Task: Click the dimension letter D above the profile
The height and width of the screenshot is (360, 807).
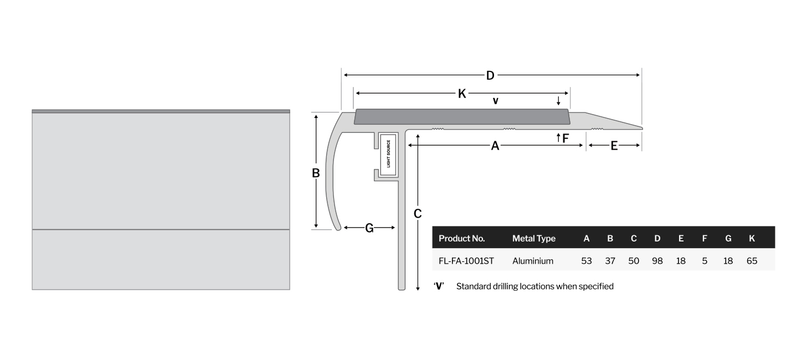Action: click(490, 76)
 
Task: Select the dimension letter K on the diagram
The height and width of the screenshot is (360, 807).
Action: click(462, 94)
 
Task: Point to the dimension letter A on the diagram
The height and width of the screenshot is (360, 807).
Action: click(495, 146)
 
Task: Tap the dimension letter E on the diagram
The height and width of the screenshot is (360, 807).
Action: click(614, 146)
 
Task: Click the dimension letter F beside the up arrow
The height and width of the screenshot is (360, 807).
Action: click(566, 138)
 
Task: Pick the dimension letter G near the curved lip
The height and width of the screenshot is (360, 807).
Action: click(369, 228)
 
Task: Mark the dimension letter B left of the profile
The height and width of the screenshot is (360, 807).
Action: click(316, 173)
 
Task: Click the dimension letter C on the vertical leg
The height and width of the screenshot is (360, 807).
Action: click(418, 214)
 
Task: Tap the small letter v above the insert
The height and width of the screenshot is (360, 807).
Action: click(495, 101)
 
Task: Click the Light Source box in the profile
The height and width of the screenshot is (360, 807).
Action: click(388, 154)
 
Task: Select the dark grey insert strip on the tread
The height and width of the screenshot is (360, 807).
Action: click(462, 117)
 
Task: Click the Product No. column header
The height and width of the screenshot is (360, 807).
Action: click(461, 238)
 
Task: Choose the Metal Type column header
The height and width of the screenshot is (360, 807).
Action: click(533, 238)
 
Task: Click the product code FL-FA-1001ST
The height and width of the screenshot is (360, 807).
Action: click(466, 261)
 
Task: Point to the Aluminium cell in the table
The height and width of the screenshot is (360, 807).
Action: click(532, 261)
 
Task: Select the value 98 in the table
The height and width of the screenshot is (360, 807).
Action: click(657, 261)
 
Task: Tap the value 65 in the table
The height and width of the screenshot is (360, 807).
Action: click(752, 261)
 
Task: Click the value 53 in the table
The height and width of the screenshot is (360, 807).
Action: click(587, 261)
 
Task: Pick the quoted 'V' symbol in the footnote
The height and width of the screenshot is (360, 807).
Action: click(439, 286)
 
